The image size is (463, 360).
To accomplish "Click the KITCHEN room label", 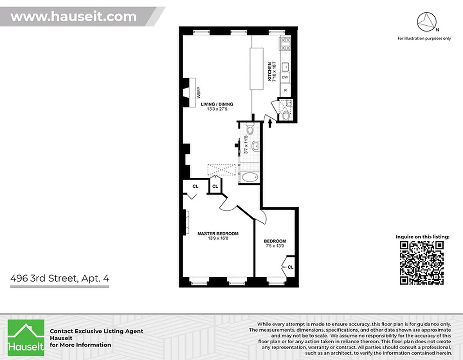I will tap(270, 72).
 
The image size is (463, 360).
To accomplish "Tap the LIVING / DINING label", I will tap(217, 104).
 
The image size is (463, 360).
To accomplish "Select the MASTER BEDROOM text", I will tap(218, 234).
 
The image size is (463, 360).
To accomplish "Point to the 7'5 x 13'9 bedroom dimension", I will tap(274, 247).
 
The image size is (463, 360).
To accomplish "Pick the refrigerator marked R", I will tap(285, 90).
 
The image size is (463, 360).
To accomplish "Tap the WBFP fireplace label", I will tap(197, 92).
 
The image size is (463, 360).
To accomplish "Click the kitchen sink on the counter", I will tap(285, 67).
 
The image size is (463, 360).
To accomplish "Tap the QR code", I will tap(422, 263).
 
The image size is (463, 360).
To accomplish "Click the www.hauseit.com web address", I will tap(73, 17).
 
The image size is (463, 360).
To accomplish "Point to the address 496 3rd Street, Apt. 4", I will tap(59, 278).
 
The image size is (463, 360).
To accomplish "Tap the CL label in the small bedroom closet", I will tap(290, 267).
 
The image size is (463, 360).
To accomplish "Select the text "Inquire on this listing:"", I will tap(422, 236).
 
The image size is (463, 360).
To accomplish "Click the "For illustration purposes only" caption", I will tap(424, 38).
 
